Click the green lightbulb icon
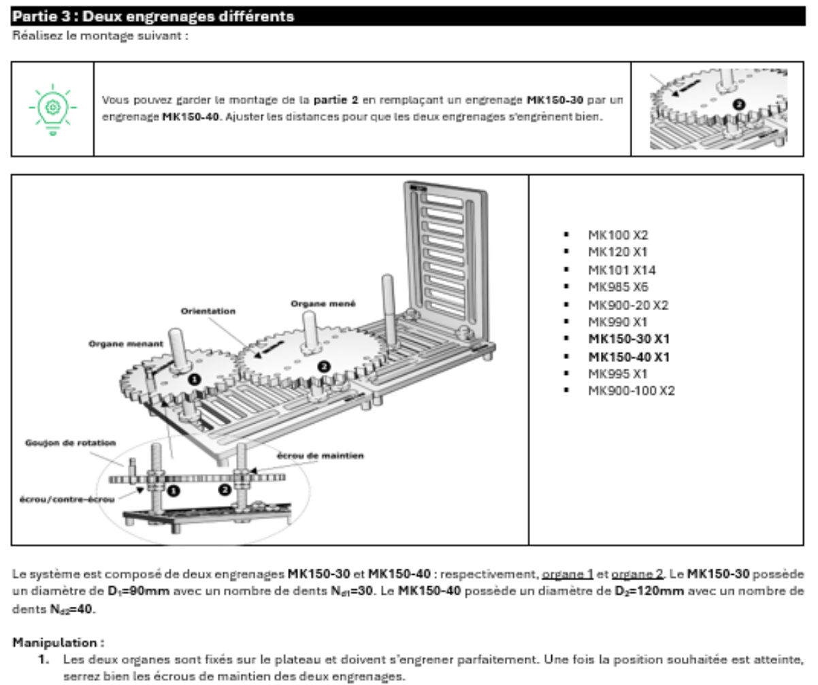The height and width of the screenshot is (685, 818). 52,109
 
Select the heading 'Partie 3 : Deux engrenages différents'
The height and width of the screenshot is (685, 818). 154,16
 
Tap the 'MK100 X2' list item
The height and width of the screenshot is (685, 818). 618,235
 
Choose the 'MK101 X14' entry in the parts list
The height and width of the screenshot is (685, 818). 622,270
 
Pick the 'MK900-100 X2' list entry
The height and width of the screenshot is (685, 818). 631,391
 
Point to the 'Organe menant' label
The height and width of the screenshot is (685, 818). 125,344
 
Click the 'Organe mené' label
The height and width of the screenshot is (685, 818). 323,303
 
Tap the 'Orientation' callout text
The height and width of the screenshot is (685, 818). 208,311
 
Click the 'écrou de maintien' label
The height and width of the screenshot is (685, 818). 320,455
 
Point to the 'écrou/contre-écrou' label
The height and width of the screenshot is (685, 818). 67,500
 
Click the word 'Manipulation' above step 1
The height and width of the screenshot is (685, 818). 57,642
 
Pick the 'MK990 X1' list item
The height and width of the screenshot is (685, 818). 618,322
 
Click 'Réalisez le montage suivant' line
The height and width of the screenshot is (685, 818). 100,35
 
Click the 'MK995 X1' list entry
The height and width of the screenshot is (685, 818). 618,373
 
